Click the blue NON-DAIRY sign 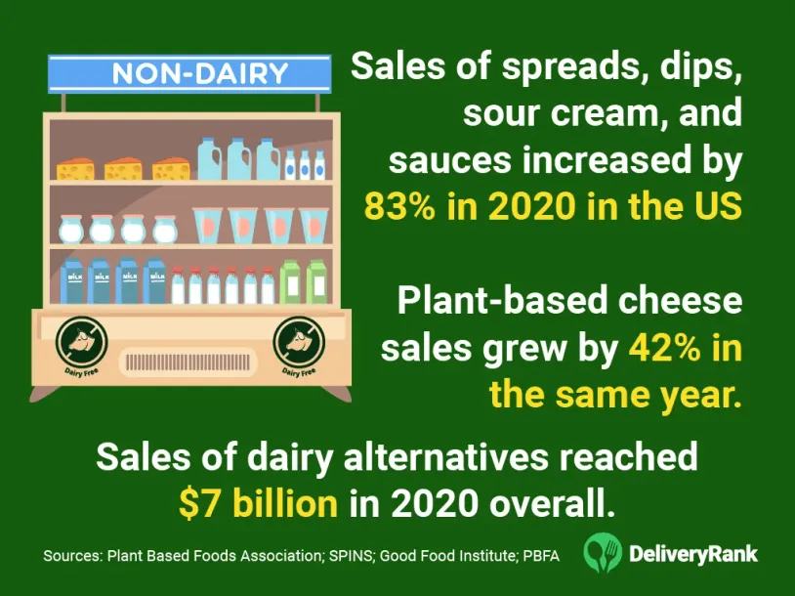(x=189, y=74)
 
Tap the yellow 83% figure (x=400, y=206)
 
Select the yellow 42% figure (x=664, y=349)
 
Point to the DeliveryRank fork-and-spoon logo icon (x=603, y=552)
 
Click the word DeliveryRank (x=693, y=554)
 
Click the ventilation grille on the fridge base (x=188, y=362)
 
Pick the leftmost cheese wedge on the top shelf (x=75, y=169)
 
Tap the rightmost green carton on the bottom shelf (x=316, y=281)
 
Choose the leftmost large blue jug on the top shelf (x=209, y=158)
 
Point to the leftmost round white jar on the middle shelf (x=70, y=230)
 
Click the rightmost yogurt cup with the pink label (x=313, y=226)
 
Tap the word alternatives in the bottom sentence (x=446, y=456)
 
